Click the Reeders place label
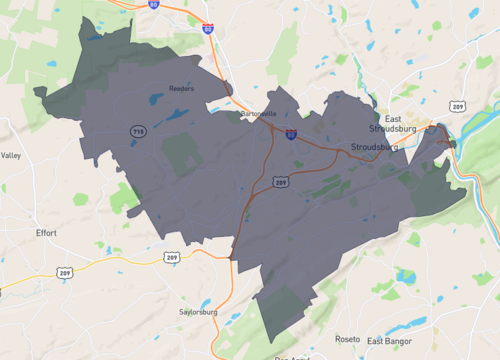click(x=181, y=88)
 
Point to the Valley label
click(x=11, y=156)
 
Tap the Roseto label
click(x=347, y=339)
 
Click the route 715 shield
click(x=136, y=131)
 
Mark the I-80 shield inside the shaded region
click(x=291, y=132)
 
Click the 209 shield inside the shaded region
click(x=281, y=182)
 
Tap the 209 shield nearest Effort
click(x=65, y=272)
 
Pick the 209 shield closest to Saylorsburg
click(x=173, y=258)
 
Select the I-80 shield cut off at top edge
click(x=153, y=4)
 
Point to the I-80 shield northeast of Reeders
click(x=207, y=29)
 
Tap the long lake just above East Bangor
click(x=408, y=322)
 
